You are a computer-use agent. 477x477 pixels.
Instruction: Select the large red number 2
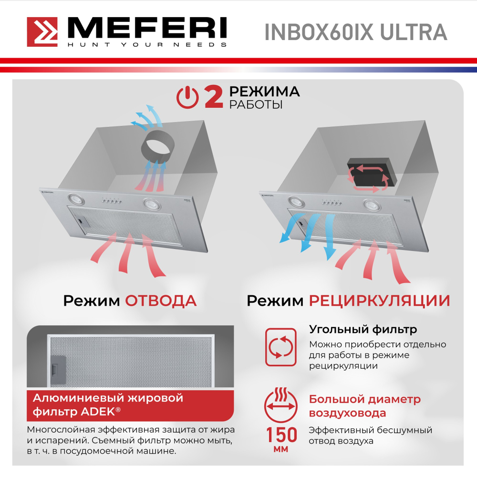213,97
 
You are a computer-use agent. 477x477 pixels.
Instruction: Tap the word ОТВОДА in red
161,301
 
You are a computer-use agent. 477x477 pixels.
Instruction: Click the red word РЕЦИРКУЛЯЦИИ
379,301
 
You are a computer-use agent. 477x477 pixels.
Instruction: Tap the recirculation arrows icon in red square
281,347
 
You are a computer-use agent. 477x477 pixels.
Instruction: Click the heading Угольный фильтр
363,329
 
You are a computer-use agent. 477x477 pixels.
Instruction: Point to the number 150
281,435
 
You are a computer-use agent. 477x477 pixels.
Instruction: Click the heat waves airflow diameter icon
281,401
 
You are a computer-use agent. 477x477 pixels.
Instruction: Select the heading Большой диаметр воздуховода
365,406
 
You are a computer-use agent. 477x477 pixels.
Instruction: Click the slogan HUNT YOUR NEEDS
146,45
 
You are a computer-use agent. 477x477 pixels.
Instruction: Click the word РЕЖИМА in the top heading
264,91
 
